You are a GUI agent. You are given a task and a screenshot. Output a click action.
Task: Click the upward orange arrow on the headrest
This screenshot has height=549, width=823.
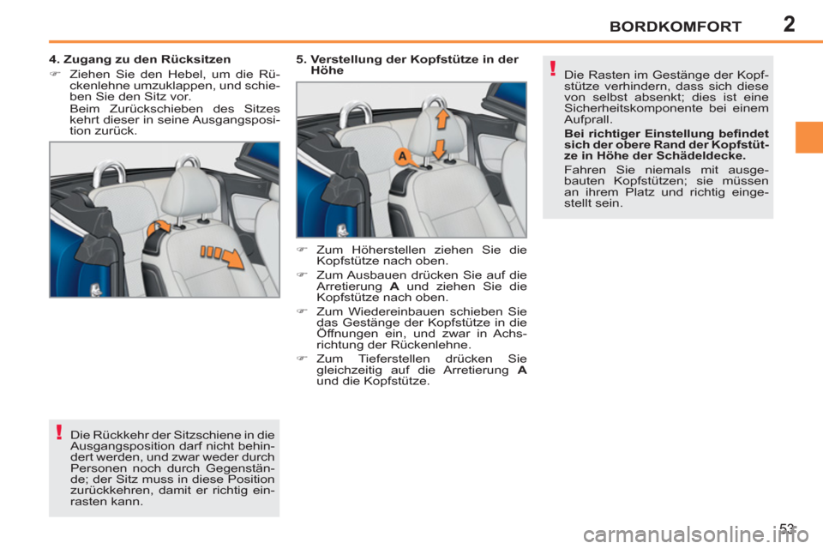point(442,118)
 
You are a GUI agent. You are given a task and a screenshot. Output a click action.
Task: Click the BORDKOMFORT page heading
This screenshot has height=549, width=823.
point(675,27)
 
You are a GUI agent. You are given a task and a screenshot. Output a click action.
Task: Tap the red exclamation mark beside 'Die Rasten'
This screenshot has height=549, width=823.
point(554,69)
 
